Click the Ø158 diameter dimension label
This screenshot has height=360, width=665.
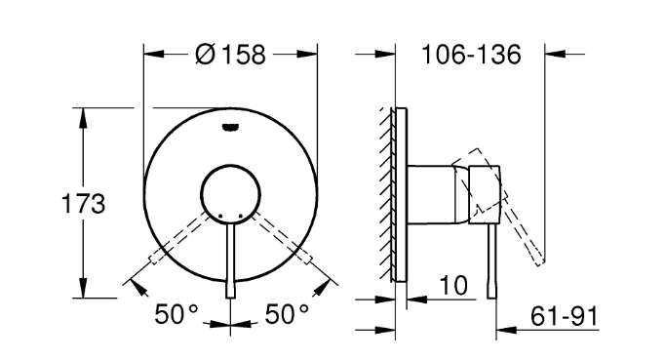pyautogui.click(x=230, y=55)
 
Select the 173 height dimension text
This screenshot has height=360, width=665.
pyautogui.click(x=83, y=203)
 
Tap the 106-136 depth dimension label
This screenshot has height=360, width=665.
pyautogui.click(x=471, y=55)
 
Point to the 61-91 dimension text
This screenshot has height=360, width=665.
pyautogui.click(x=564, y=316)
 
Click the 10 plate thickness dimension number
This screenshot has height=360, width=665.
pyautogui.click(x=453, y=285)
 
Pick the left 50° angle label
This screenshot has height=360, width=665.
pyautogui.click(x=176, y=314)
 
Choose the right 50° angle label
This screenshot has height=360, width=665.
pyautogui.click(x=287, y=314)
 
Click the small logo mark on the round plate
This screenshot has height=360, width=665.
pyautogui.click(x=230, y=127)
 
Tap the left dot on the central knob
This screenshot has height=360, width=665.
pyautogui.click(x=220, y=216)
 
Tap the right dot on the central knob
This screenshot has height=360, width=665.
pyautogui.click(x=241, y=216)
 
